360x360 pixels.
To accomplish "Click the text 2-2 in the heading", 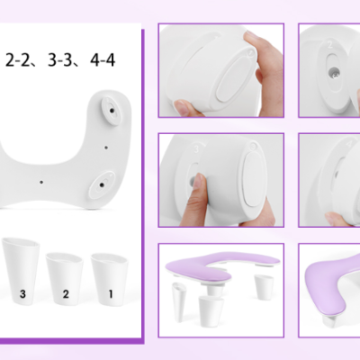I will click(x=21, y=61).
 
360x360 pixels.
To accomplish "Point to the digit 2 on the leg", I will click(x=66, y=293).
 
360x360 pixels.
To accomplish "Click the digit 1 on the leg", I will click(x=111, y=293).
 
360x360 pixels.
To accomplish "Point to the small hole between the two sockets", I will click(x=106, y=146).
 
